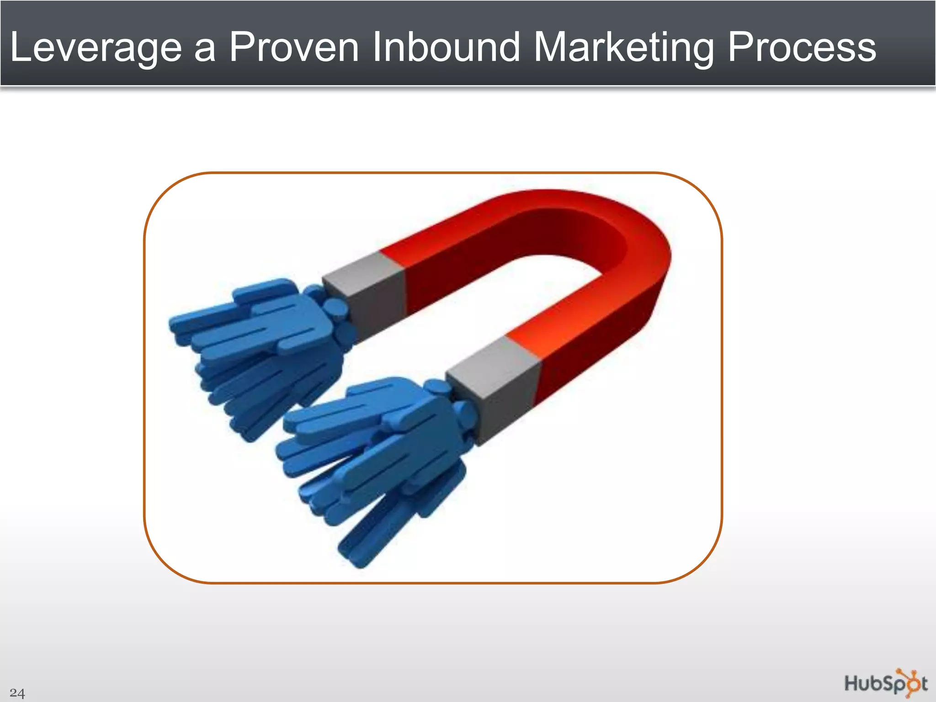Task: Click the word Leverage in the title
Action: pyautogui.click(x=96, y=48)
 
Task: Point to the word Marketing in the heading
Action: pyautogui.click(x=623, y=48)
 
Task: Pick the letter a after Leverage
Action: pyautogui.click(x=204, y=50)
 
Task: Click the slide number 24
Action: pyautogui.click(x=17, y=693)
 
